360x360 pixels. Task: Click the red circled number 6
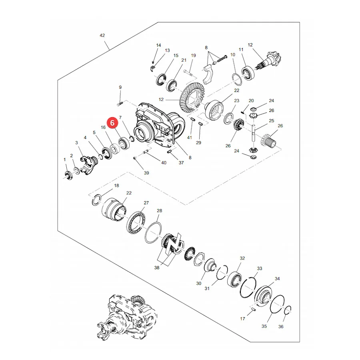click(x=112, y=123)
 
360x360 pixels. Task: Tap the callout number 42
click(x=102, y=35)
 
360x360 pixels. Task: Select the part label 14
click(x=159, y=45)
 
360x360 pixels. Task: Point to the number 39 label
click(x=146, y=173)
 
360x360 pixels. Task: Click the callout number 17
click(x=242, y=319)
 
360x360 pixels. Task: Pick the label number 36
click(x=281, y=326)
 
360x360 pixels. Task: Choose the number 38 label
click(x=157, y=268)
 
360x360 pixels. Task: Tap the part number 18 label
click(x=117, y=186)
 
